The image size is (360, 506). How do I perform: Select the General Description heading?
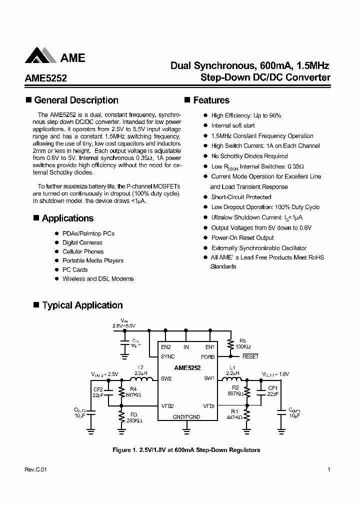[76, 100]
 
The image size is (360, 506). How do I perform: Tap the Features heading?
[211, 100]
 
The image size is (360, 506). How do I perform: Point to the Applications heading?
[67, 218]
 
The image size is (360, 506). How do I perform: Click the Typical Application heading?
[82, 305]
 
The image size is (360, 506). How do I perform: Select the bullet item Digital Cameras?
[82, 242]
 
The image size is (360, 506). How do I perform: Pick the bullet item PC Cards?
[75, 269]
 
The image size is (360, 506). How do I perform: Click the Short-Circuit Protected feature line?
[241, 197]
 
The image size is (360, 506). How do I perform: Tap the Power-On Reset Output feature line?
[242, 237]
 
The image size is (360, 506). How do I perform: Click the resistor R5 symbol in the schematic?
[230, 344]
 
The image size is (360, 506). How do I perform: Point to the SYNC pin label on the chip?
[168, 357]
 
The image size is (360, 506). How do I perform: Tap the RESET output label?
[250, 356]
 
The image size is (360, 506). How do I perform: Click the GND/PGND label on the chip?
[186, 416]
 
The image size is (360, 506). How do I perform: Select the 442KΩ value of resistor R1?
[234, 417]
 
